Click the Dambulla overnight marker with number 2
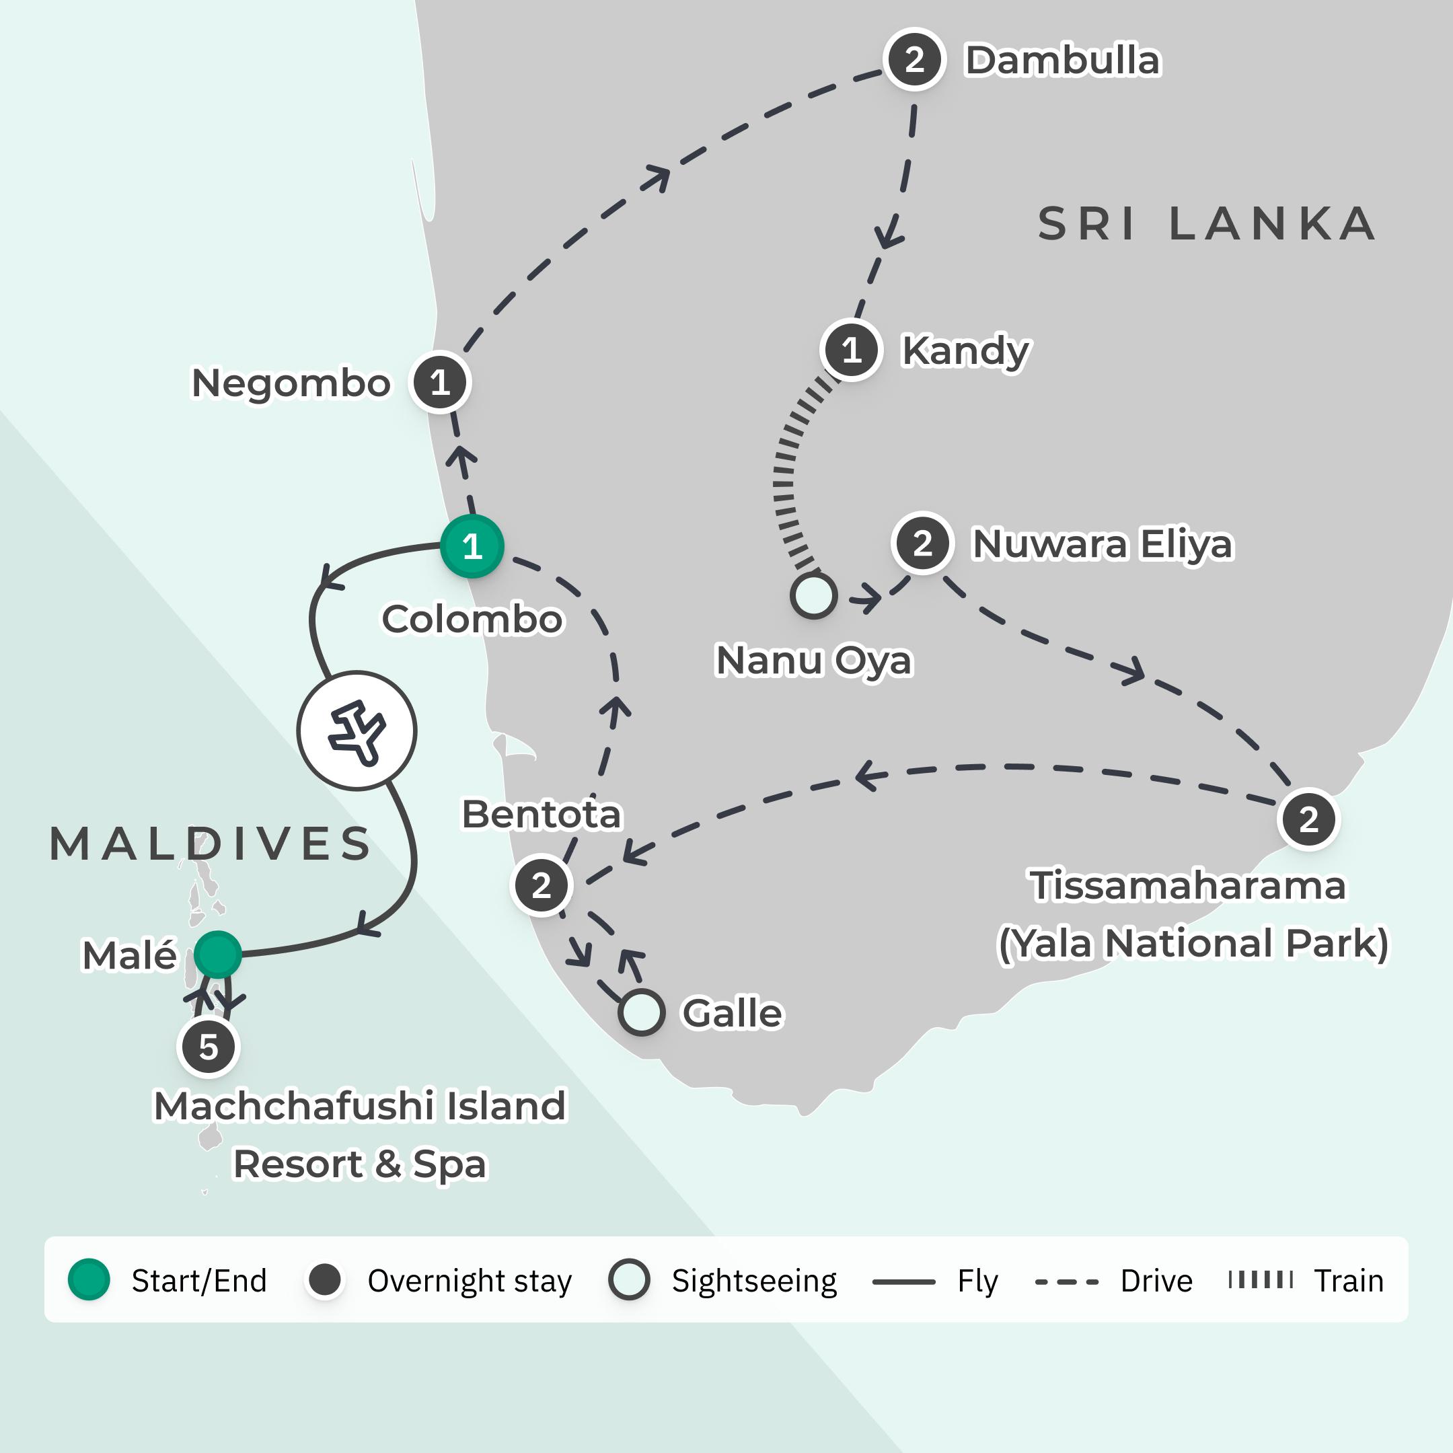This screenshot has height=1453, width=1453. (x=914, y=59)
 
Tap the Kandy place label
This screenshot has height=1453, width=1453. (x=965, y=350)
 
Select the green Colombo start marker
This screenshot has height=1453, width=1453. (x=472, y=546)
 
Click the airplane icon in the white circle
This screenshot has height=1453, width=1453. (x=357, y=731)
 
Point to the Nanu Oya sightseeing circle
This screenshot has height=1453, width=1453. (x=813, y=595)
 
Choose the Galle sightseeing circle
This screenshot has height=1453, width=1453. (x=642, y=1012)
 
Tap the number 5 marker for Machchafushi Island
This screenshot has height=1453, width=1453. (x=209, y=1047)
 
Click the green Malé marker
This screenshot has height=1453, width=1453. (x=217, y=955)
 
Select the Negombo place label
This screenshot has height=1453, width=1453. (x=291, y=383)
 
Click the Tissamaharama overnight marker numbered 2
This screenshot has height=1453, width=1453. (x=1308, y=819)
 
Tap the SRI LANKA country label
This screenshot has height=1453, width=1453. (x=1206, y=224)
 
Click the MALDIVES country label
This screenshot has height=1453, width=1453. (x=211, y=843)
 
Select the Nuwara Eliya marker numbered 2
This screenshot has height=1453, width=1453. (x=922, y=543)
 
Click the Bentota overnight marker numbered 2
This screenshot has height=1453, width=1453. (x=542, y=885)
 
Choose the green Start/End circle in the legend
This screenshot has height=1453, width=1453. (x=89, y=1279)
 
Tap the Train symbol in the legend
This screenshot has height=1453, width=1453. (x=1261, y=1279)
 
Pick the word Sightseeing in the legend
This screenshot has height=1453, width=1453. (x=753, y=1281)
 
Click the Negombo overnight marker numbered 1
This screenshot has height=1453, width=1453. (x=440, y=383)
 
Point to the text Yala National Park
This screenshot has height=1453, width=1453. (x=1192, y=943)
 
